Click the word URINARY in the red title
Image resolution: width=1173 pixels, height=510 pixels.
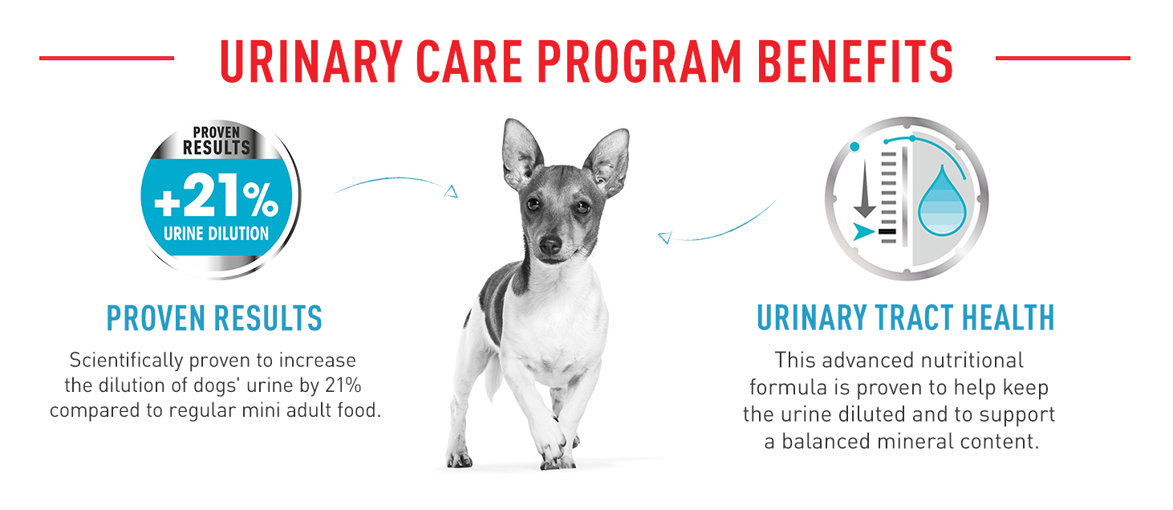311,61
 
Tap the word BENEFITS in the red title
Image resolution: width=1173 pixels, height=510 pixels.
854,61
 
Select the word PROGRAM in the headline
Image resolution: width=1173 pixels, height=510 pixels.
639,61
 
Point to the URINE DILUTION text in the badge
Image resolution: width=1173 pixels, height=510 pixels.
217,234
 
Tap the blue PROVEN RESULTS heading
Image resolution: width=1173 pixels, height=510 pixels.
214,318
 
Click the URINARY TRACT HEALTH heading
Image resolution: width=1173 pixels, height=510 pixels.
905,317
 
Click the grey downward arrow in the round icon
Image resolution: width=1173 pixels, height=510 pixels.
865,189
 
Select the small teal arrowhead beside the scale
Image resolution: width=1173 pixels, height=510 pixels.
863,231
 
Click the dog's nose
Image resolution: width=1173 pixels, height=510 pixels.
550,245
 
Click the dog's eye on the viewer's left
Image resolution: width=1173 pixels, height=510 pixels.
533,204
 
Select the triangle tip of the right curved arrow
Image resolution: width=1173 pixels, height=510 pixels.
664,238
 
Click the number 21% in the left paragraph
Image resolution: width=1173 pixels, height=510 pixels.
343,386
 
